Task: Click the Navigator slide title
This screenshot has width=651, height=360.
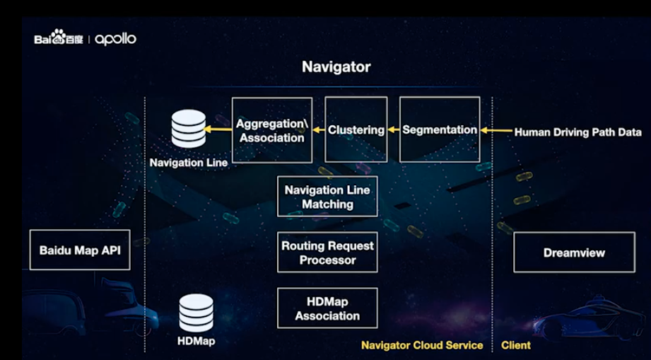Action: click(x=336, y=67)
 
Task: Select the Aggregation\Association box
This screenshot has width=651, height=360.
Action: click(x=271, y=130)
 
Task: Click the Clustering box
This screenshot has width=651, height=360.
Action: click(x=356, y=130)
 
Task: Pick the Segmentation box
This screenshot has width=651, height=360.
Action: click(x=439, y=130)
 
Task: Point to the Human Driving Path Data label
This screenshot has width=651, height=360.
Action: click(x=577, y=132)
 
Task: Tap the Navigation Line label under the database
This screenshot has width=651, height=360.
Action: click(x=188, y=163)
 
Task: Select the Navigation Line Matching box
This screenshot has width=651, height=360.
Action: click(x=327, y=197)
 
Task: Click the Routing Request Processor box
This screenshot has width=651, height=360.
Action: click(x=327, y=252)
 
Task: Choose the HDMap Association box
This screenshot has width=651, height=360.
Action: click(x=327, y=308)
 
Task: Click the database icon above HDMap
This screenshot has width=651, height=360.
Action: click(x=196, y=313)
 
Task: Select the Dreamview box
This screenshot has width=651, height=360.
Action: click(x=574, y=252)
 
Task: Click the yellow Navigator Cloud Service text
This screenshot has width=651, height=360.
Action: click(x=422, y=345)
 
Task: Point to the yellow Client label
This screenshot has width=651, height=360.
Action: click(x=515, y=345)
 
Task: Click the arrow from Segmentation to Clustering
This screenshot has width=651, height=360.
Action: click(x=394, y=130)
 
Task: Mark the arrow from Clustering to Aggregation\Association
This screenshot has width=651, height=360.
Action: click(x=318, y=130)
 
